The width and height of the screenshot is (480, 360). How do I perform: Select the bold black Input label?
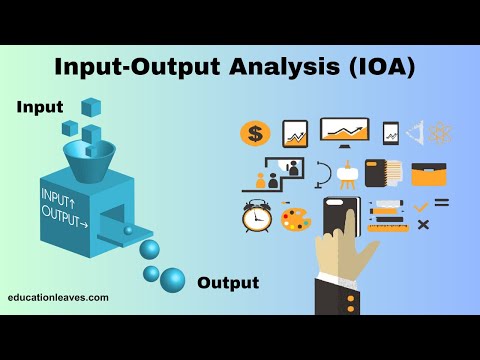point(39,107)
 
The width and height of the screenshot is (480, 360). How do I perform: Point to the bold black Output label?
point(228,283)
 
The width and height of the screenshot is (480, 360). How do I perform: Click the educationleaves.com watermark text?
point(58,298)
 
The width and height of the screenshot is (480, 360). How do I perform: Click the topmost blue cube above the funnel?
point(92,106)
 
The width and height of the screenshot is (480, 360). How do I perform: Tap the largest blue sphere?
point(172,279)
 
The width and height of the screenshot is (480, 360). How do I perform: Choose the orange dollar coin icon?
point(255,133)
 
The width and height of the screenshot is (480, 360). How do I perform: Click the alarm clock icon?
point(256,216)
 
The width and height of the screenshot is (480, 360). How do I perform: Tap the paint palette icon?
point(296,218)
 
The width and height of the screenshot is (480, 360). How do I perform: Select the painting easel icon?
point(347,176)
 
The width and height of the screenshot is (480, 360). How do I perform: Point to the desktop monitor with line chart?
point(344,131)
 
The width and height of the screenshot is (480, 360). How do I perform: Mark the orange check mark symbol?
point(421,206)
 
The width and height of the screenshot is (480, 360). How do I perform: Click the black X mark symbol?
point(423,224)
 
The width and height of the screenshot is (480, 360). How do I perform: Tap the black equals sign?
point(441,203)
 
